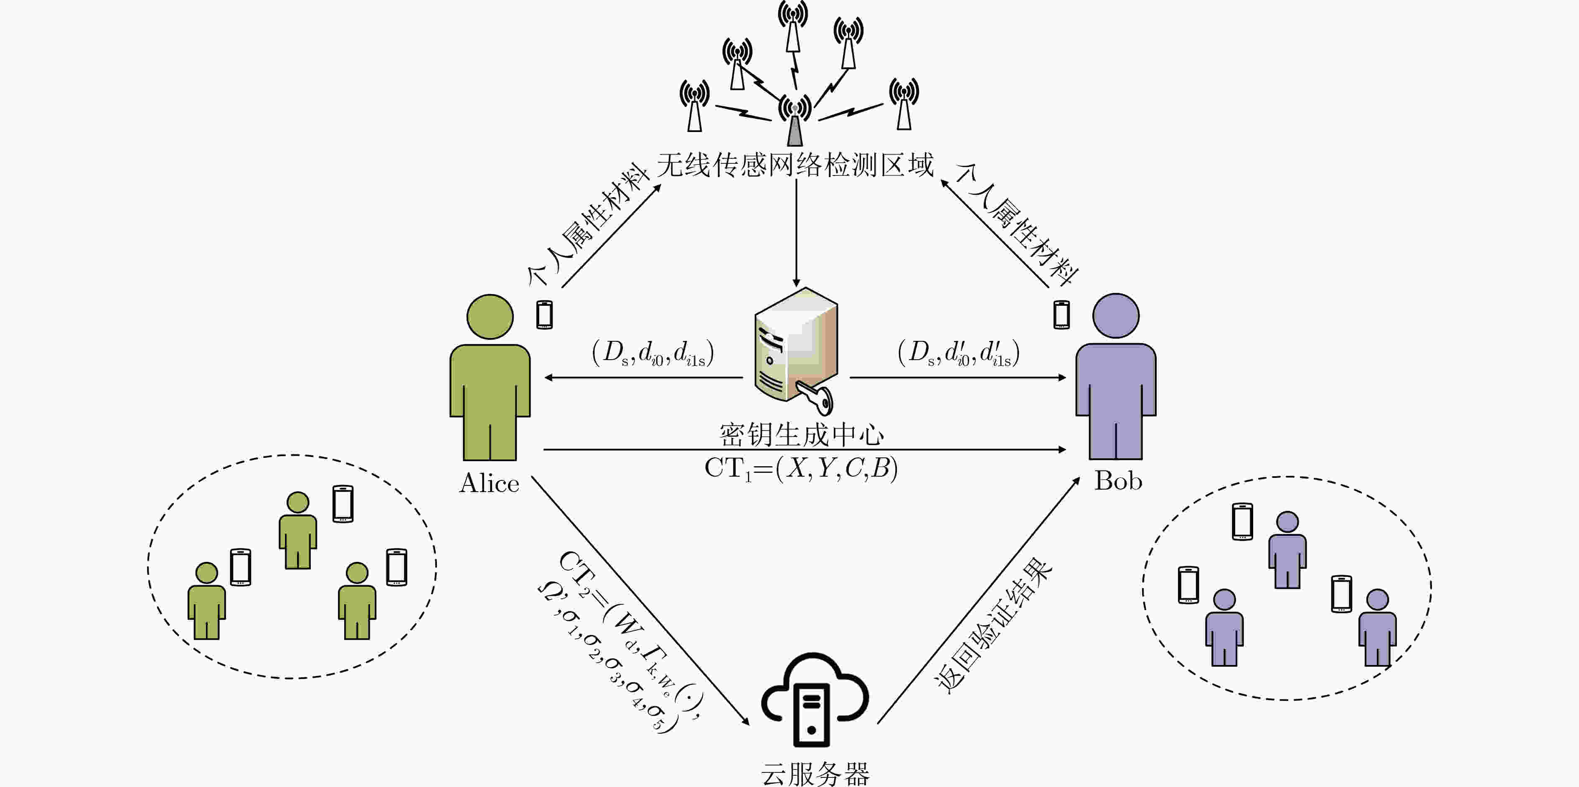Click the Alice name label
click(x=489, y=483)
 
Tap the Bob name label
click(x=1118, y=480)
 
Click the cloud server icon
click(x=815, y=699)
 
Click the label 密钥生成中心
click(x=802, y=434)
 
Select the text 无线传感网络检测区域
click(x=795, y=165)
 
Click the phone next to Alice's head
click(x=544, y=315)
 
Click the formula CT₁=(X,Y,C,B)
click(x=801, y=469)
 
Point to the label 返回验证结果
click(x=993, y=626)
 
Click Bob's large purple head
click(x=1116, y=316)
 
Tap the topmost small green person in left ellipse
click(x=298, y=530)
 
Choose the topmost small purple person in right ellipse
click(x=1287, y=550)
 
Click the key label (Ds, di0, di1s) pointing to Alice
click(x=653, y=353)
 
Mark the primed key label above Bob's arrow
click(x=959, y=353)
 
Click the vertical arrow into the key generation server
click(x=796, y=233)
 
